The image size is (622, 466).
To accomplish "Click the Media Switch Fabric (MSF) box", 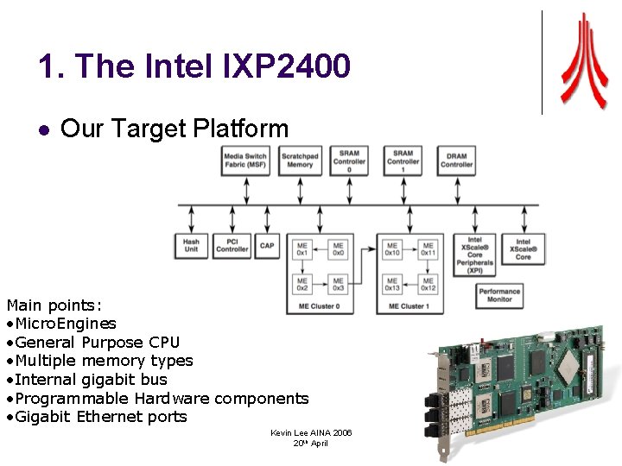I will [245, 161].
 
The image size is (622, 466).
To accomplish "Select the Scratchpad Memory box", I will [300, 161].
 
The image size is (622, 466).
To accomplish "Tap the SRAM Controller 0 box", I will [349, 161].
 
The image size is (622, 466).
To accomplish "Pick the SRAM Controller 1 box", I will [403, 161].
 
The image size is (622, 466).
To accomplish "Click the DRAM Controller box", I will [457, 161].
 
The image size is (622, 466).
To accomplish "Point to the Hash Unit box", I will [191, 245].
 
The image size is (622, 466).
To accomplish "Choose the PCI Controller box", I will [232, 245].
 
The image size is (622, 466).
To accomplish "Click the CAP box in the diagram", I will [268, 245].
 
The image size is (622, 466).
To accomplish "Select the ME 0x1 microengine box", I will [302, 249].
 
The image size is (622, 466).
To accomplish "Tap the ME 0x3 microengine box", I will [338, 283].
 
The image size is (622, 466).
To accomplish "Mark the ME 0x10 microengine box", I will [392, 249].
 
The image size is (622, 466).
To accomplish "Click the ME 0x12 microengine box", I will [428, 283].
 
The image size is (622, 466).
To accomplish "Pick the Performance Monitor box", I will [499, 295].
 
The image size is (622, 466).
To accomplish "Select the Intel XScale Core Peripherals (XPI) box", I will [475, 255].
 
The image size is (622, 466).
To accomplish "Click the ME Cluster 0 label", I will [320, 305].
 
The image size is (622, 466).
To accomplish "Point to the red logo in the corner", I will [583, 60].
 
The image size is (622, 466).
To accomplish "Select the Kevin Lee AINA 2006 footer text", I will [311, 432].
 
